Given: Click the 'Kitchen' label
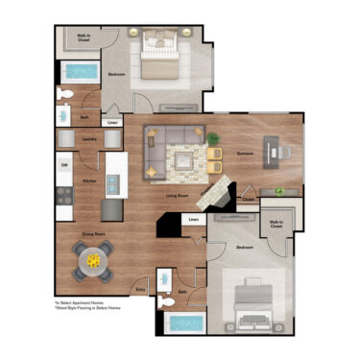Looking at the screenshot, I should tap(88, 180).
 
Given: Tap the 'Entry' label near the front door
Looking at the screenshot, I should tap(141, 288).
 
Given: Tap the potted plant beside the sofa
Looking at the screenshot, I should tap(213, 139).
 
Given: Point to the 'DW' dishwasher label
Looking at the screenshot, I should tap(64, 165).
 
